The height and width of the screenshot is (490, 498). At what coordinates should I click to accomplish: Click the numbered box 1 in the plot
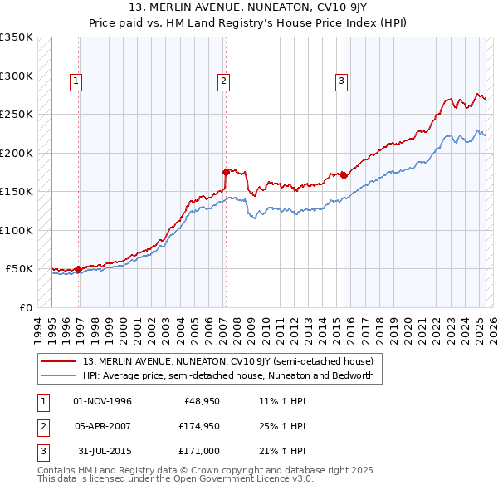76,81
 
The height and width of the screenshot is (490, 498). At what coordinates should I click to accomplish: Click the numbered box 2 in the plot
224,81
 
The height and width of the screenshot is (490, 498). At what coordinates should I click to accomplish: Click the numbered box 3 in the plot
341,81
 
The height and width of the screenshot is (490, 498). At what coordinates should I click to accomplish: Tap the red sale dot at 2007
226,172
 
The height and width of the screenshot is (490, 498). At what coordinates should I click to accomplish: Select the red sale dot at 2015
344,175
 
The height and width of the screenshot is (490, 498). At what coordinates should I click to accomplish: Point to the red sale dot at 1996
79,269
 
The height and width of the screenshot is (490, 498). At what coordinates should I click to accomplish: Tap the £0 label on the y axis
25,307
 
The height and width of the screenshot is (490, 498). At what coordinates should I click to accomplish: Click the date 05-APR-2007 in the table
102,426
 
